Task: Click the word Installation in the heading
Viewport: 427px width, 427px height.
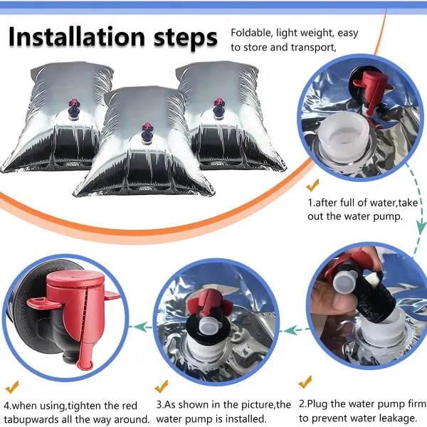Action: tap(77, 37)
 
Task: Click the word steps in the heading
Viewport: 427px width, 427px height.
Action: tap(186, 38)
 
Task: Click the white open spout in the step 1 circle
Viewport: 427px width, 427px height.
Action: tap(342, 135)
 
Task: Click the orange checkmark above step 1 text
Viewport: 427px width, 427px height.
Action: tap(312, 185)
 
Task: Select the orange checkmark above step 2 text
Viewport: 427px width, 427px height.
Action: tap(305, 381)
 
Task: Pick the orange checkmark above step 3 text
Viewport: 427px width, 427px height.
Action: tap(162, 386)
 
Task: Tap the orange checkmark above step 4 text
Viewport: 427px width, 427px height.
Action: tap(12, 387)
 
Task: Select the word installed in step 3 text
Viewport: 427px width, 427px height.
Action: tap(245, 418)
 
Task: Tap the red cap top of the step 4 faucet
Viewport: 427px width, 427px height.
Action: tap(75, 280)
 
